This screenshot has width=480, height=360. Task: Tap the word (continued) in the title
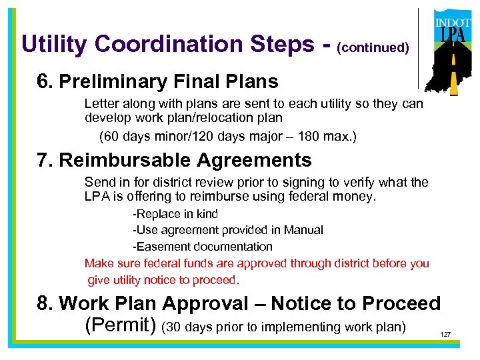click(373, 48)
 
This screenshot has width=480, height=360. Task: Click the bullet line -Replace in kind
click(175, 214)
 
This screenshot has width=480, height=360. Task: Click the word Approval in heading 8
click(205, 304)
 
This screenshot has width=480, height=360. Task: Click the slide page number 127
click(445, 334)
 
